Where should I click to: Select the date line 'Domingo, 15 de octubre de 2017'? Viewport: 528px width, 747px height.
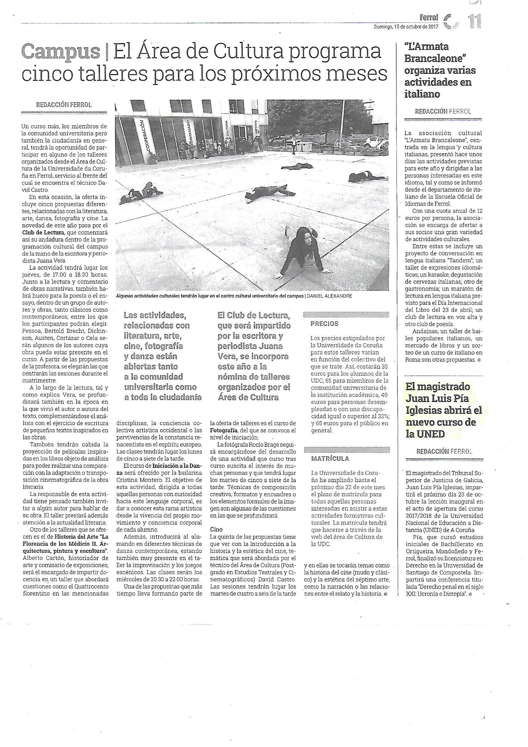(406, 27)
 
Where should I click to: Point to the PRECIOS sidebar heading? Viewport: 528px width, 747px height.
(324, 324)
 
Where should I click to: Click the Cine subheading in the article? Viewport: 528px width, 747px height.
(216, 529)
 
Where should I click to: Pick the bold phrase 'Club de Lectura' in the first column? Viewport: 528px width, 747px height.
(43, 232)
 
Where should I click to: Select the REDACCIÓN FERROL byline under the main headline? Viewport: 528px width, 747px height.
(64, 105)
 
